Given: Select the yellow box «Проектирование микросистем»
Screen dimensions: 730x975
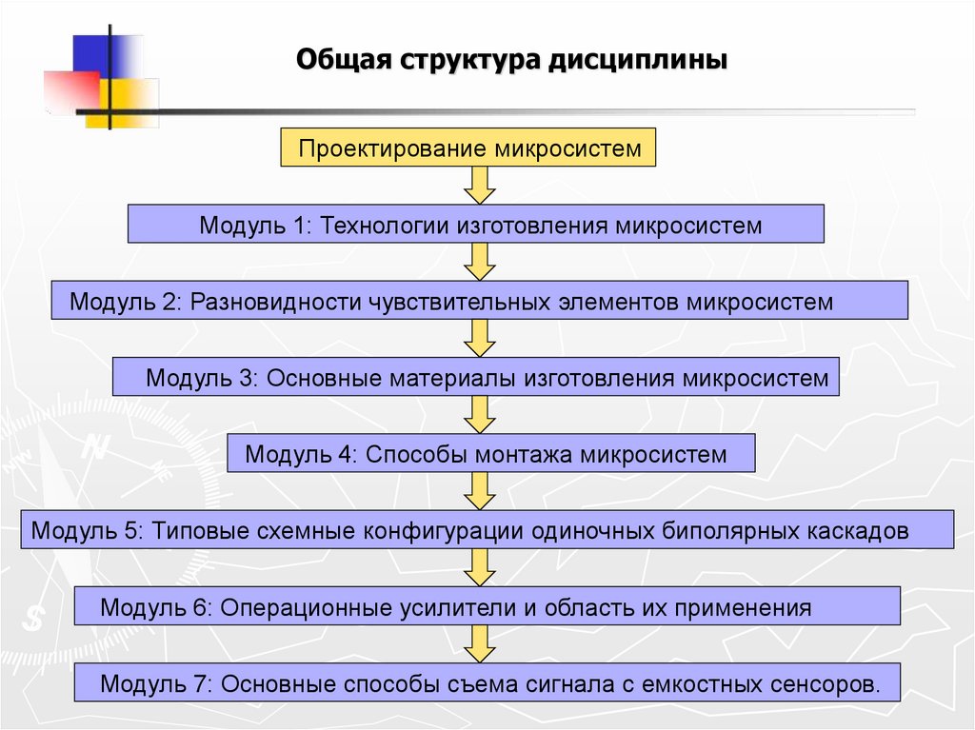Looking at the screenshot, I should coord(469,148).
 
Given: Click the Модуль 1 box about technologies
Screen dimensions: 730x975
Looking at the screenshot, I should coord(476,225).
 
